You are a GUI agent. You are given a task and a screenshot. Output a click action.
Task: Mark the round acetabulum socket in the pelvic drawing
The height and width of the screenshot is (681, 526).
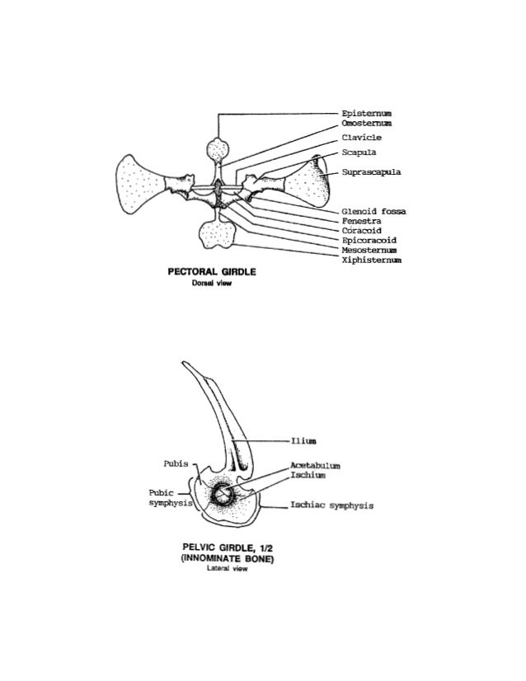point(223,495)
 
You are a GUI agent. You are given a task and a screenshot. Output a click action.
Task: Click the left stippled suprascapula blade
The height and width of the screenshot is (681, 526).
point(142,181)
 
